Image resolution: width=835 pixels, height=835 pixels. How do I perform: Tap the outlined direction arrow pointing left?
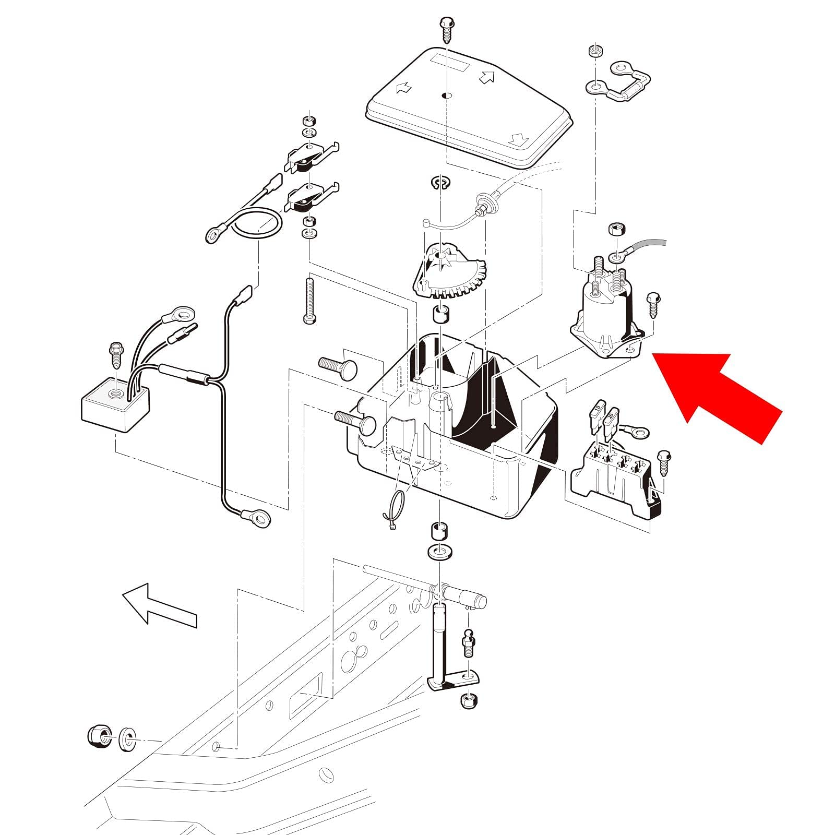(x=159, y=605)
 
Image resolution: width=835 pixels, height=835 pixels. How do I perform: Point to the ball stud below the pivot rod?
(x=468, y=642)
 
